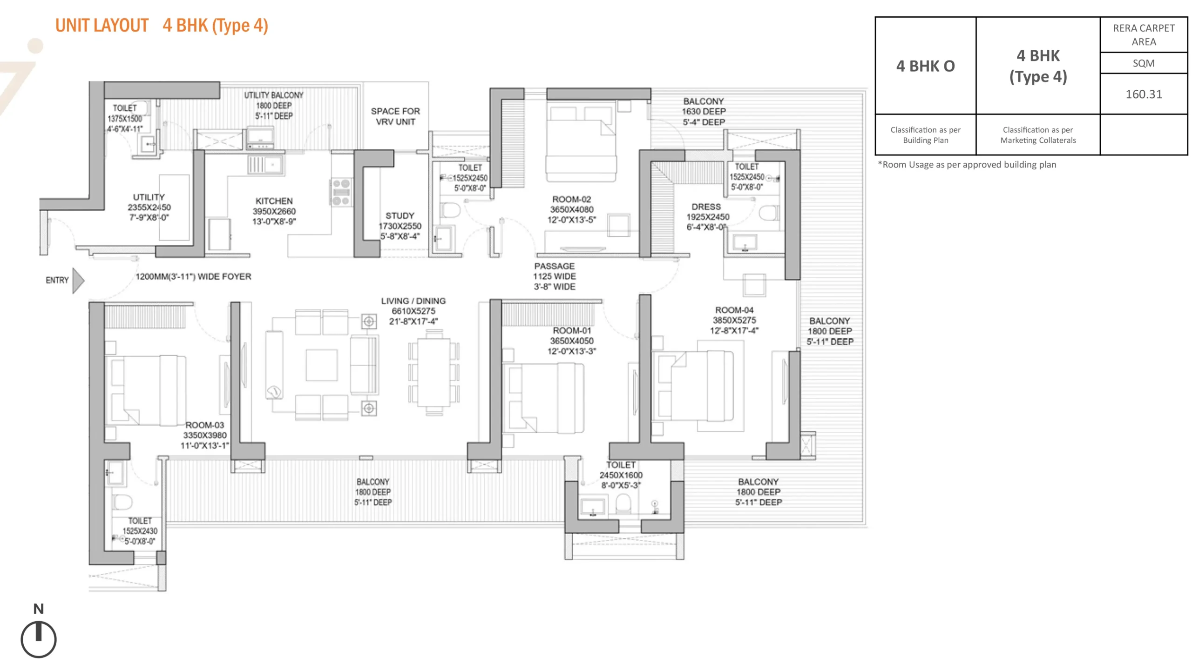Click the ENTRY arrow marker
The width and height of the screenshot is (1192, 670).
[x=78, y=281]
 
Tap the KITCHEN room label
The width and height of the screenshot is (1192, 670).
[x=274, y=201]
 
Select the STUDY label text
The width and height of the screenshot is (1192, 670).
[x=400, y=216]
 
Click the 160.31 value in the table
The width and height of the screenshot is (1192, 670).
[x=1144, y=94]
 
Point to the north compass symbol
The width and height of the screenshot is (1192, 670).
[x=39, y=639]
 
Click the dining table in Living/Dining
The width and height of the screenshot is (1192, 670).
[x=433, y=372]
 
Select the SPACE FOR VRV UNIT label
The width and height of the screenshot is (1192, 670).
[x=395, y=116]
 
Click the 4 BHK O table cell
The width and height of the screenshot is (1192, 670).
[x=925, y=66]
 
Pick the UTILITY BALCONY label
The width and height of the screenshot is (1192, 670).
[x=274, y=95]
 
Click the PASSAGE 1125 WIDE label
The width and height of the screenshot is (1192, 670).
[x=554, y=276]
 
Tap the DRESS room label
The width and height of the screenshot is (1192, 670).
[x=706, y=207]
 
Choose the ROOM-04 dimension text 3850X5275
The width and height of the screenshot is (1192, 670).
[x=734, y=320]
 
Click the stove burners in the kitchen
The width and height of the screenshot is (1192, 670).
[x=341, y=192]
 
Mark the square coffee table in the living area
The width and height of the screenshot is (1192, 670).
[x=321, y=365]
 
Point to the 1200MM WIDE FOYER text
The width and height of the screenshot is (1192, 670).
[x=193, y=276]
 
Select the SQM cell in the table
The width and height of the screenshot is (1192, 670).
[x=1144, y=63]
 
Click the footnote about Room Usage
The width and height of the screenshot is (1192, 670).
[x=967, y=165]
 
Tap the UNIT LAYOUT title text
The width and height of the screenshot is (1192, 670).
[x=102, y=26]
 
